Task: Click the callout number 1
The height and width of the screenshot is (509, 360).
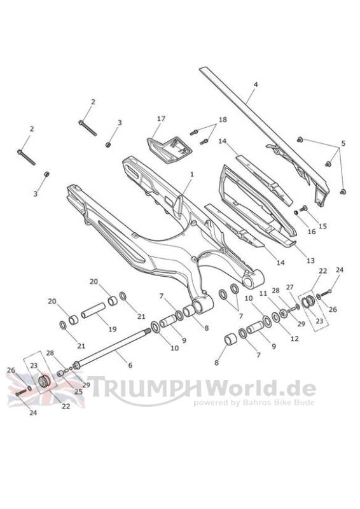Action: click(192, 174)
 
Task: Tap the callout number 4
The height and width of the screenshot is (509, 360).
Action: click(256, 85)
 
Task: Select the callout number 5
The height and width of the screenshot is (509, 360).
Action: click(343, 143)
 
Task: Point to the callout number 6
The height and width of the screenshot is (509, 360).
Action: click(130, 365)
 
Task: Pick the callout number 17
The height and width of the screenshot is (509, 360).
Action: click(161, 119)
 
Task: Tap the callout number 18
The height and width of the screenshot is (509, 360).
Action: click(223, 120)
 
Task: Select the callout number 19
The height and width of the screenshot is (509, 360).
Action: click(113, 329)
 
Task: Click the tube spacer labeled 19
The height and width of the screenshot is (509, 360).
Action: click(93, 310)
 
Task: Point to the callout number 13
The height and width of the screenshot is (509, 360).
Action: click(310, 260)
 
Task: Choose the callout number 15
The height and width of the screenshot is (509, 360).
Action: click(322, 226)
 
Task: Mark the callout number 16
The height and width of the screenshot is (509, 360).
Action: click(311, 232)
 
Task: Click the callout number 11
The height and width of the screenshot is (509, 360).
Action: click(263, 293)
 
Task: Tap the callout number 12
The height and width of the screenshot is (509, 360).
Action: click(294, 338)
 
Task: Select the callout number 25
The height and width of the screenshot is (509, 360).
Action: click(78, 391)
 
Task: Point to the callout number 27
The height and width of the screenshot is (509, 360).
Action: click(289, 287)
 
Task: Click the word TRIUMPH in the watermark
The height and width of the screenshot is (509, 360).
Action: click(145, 387)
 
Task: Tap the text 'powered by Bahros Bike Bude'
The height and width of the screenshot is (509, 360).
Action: click(254, 403)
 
